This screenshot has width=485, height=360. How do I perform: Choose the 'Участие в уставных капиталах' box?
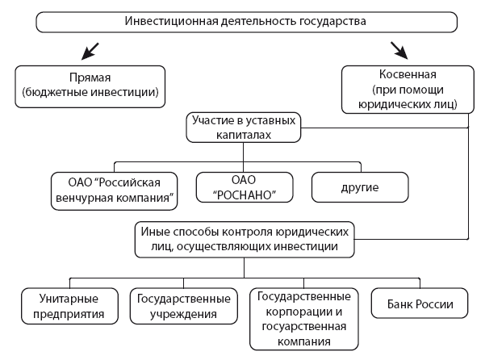241,128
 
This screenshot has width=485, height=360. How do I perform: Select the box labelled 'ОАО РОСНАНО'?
245,188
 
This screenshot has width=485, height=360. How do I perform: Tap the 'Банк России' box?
419,306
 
